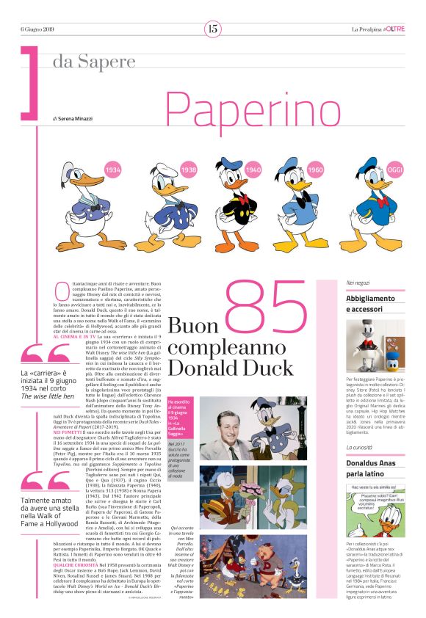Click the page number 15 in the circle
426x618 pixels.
click(213, 29)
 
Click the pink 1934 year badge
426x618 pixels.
click(112, 170)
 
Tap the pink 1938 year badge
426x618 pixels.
click(189, 170)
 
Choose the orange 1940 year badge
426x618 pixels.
click(253, 170)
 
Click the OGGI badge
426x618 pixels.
click(395, 170)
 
